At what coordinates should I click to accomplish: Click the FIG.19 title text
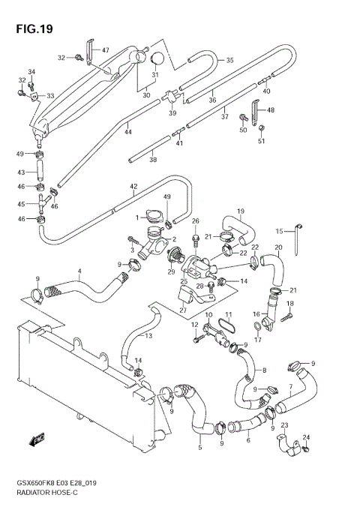pyautogui.click(x=31, y=30)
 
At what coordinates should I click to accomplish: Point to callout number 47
pyautogui.click(x=105, y=50)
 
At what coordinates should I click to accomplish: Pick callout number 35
pyautogui.click(x=229, y=60)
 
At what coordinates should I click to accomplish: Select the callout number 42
pyautogui.click(x=133, y=187)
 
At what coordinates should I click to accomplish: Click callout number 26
pyautogui.click(x=195, y=220)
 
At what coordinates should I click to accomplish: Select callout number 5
pyautogui.click(x=199, y=448)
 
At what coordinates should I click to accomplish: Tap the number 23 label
pyautogui.click(x=284, y=425)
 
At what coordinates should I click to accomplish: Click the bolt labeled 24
pyautogui.click(x=307, y=449)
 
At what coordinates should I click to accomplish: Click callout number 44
pyautogui.click(x=128, y=132)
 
